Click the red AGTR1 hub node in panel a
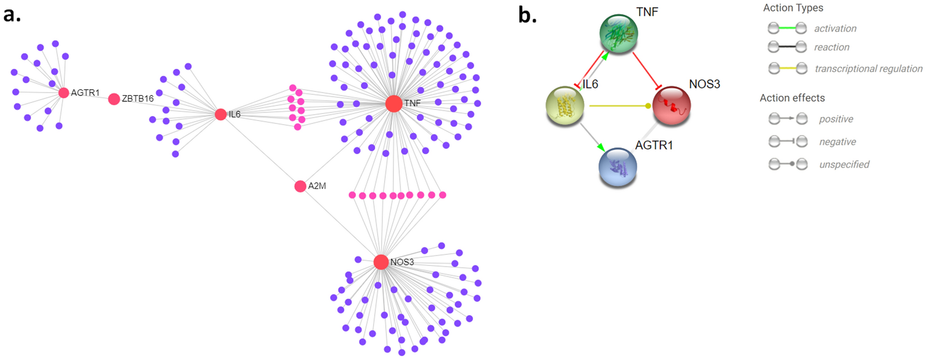click(x=64, y=93)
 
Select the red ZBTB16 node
click(x=114, y=99)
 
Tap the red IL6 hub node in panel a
click(x=221, y=114)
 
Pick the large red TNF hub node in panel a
click(x=394, y=104)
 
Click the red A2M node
click(x=300, y=186)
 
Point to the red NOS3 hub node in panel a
click(x=381, y=262)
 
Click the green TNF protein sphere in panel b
click(x=619, y=33)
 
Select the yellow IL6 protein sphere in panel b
click(x=565, y=106)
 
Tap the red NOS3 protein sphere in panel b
click(x=671, y=105)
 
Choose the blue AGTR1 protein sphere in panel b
click(x=618, y=167)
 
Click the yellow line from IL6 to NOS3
click(x=619, y=106)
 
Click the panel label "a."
click(x=12, y=15)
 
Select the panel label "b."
click(x=527, y=15)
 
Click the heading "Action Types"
click(x=793, y=8)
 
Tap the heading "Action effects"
click(x=792, y=98)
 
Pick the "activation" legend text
click(x=835, y=29)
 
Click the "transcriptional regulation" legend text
click(x=868, y=69)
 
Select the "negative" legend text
click(x=837, y=142)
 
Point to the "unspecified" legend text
click(x=844, y=164)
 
